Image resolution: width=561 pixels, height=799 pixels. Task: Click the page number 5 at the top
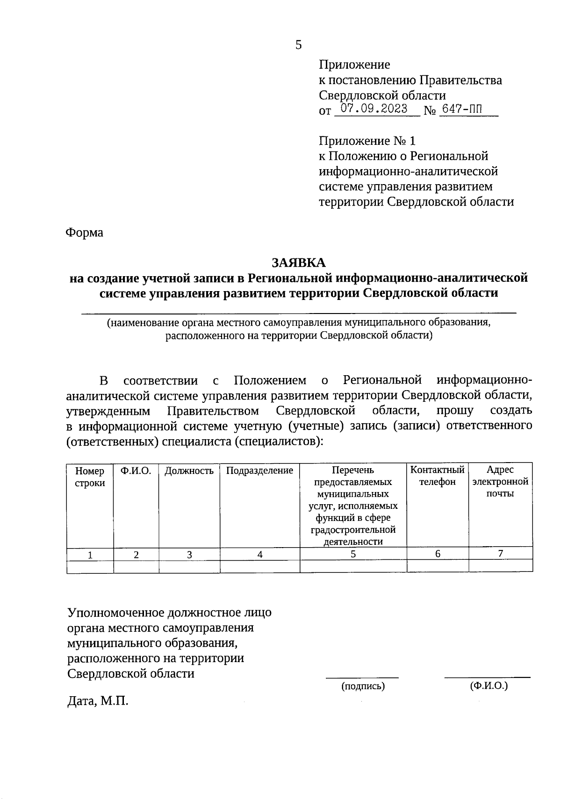tap(298, 45)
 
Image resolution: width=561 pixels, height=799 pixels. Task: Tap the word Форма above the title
tap(85, 232)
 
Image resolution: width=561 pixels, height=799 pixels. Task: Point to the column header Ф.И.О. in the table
tap(136, 471)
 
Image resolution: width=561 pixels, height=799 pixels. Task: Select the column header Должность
tap(189, 471)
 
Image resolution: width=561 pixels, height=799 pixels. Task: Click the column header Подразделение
tap(259, 471)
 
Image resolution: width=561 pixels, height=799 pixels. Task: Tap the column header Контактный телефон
tap(437, 476)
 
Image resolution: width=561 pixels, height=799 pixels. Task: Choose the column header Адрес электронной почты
tap(500, 481)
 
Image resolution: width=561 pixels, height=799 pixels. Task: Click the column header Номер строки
tap(90, 477)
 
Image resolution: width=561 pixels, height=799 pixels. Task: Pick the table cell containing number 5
tap(353, 554)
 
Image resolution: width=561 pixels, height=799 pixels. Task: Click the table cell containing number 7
tap(500, 554)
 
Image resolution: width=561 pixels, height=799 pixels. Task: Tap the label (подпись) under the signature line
tap(363, 686)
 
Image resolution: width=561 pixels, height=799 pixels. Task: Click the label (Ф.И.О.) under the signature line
tap(489, 685)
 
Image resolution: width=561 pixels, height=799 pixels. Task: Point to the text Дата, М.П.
tap(98, 700)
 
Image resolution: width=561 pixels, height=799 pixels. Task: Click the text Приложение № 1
tap(367, 141)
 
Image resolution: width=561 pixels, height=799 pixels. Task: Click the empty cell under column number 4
tap(259, 566)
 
